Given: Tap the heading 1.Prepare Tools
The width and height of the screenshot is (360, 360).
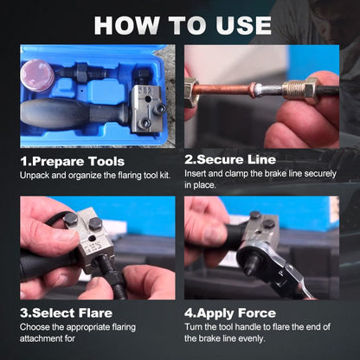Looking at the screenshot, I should coord(72,160).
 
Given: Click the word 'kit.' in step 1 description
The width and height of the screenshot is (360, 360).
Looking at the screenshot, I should coord(165,175).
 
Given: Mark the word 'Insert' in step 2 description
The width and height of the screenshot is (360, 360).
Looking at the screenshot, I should coord(196,175).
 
